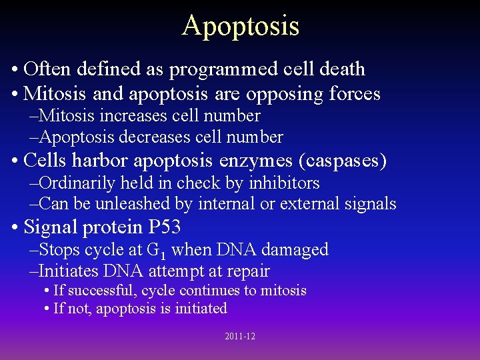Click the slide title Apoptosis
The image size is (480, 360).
(x=240, y=26)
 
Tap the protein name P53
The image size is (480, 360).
(x=165, y=227)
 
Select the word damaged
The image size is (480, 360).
(x=298, y=250)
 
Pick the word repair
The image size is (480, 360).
(x=247, y=271)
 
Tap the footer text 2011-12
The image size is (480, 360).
(x=240, y=337)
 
